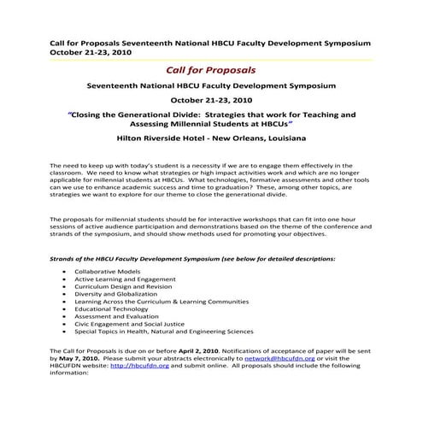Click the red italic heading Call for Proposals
(211, 69)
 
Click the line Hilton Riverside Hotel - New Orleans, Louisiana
(211, 137)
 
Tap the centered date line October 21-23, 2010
(211, 99)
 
